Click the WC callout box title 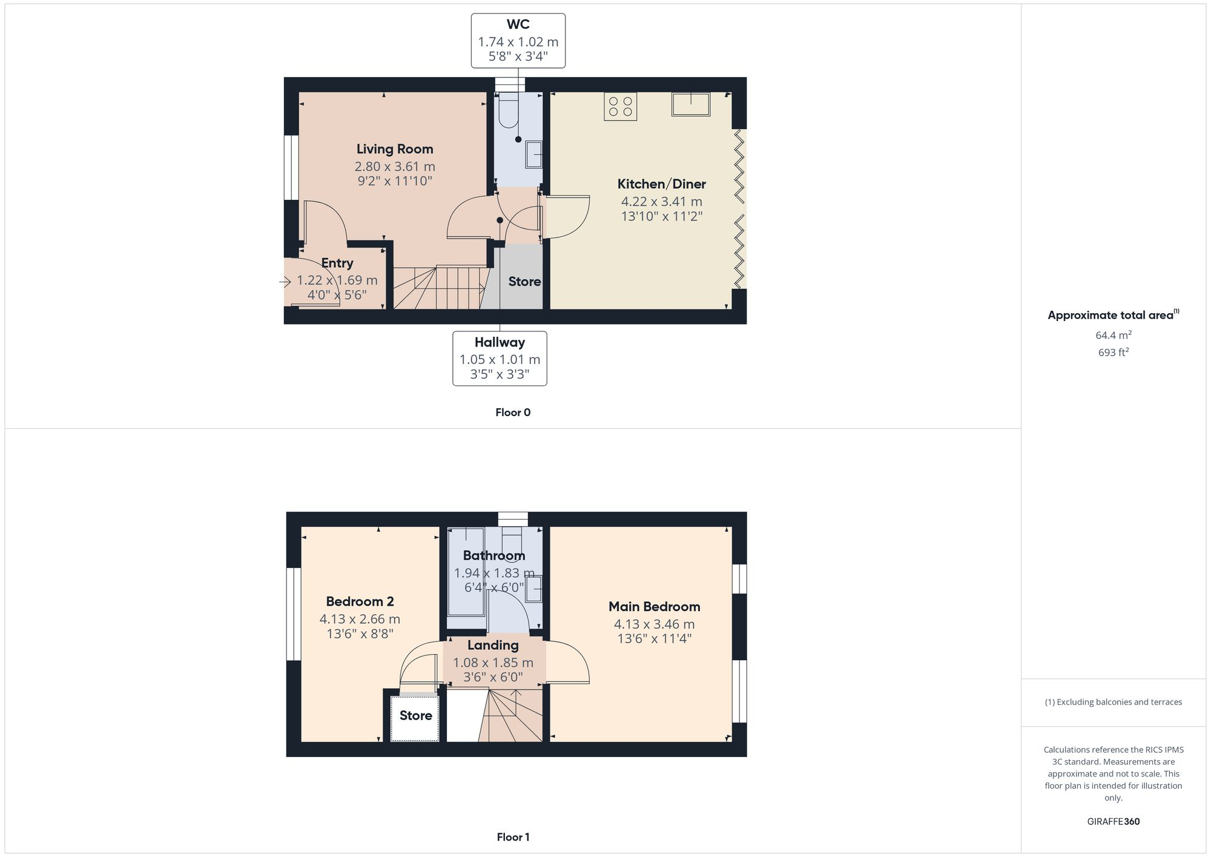[518, 25]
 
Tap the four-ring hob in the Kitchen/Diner [620, 107]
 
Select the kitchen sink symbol [690, 104]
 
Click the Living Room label [395, 149]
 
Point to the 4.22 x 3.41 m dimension [661, 202]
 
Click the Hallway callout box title [500, 342]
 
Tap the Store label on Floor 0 [524, 282]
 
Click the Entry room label [337, 263]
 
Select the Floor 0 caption [513, 412]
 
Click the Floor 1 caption [513, 837]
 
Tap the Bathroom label [493, 555]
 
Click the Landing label [493, 645]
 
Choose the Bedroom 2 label [360, 601]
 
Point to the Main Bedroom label [654, 606]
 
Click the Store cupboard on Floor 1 [415, 716]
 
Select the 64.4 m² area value [1113, 335]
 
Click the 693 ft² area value [1113, 352]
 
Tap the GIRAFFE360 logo [1113, 821]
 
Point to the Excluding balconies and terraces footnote [1113, 702]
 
